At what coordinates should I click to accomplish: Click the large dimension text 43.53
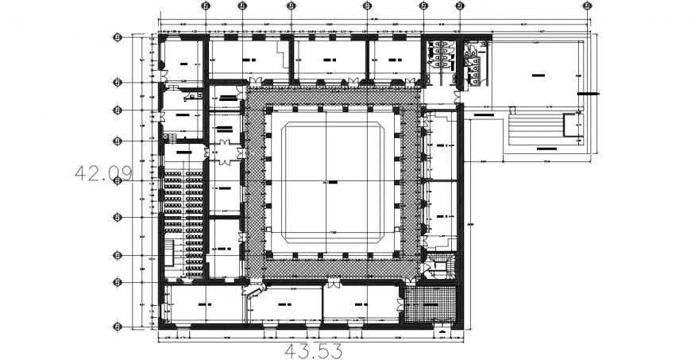(315, 350)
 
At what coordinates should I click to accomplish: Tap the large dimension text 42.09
(103, 172)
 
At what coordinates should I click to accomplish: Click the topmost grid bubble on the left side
(118, 37)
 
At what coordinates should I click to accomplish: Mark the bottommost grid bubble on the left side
(118, 326)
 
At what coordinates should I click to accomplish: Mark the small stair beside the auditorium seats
(171, 254)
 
